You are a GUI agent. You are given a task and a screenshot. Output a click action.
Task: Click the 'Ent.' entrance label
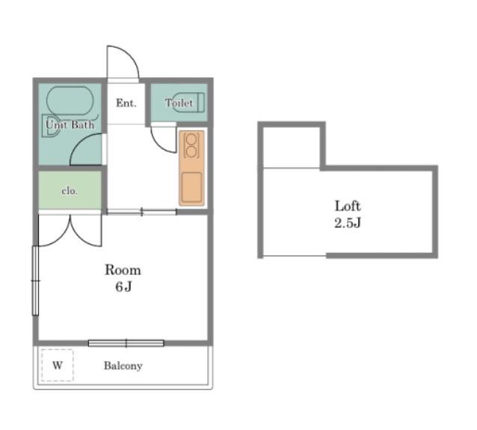point(126,103)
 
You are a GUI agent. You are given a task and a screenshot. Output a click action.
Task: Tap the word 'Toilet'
point(179,103)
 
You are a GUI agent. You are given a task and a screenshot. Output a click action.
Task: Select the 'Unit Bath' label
point(70,124)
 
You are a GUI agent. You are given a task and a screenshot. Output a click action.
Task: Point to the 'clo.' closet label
point(70,191)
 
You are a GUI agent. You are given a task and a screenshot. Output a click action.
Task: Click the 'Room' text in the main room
point(123,270)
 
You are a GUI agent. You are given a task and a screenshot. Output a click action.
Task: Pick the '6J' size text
point(123,286)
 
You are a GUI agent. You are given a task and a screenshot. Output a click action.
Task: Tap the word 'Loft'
point(348,206)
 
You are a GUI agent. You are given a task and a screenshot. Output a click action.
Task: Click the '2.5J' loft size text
point(348,222)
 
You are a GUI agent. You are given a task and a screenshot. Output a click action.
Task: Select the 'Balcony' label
point(123,366)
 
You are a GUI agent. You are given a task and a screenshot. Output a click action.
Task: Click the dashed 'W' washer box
point(58,365)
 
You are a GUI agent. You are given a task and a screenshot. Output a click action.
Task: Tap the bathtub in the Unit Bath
point(70,101)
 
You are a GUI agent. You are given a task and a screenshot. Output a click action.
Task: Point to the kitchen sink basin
point(191,187)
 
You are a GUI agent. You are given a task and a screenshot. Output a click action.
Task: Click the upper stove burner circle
point(191,139)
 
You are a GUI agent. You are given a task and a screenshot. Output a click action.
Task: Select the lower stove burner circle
point(191,152)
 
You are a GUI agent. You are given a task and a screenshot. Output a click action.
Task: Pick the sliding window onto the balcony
point(126,343)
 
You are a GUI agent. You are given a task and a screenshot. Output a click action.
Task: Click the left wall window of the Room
point(36,280)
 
